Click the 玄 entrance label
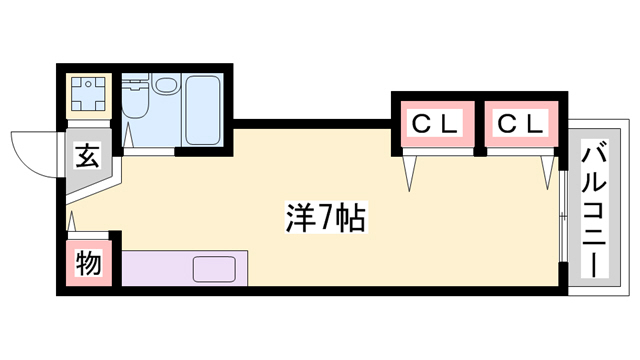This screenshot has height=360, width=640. pos(87,157)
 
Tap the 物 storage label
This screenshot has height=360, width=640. pos(87,264)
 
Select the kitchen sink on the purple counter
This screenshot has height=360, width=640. pos(215,268)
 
